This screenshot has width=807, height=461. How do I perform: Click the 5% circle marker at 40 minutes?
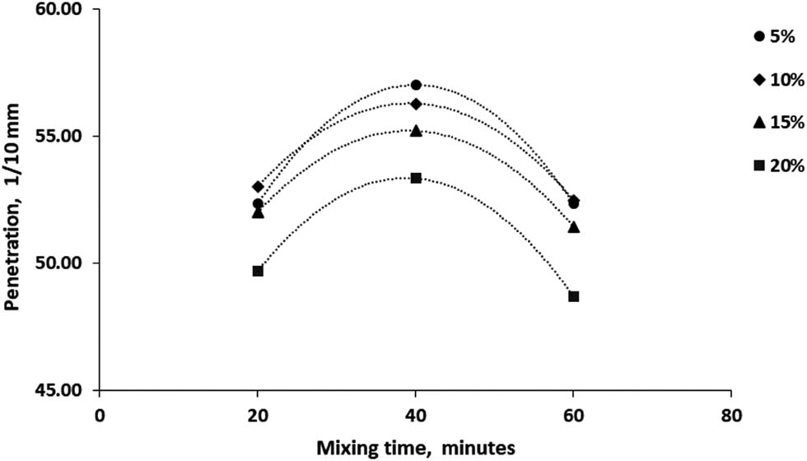pyautogui.click(x=416, y=85)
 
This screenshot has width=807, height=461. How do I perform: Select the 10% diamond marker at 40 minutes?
pyautogui.click(x=416, y=104)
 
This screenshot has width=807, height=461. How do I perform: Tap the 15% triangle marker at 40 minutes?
pyautogui.click(x=416, y=130)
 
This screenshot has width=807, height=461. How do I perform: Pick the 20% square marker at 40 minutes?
pyautogui.click(x=416, y=178)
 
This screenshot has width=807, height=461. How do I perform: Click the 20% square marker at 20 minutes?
pyautogui.click(x=258, y=271)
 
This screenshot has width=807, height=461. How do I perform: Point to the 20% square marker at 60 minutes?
pyautogui.click(x=574, y=296)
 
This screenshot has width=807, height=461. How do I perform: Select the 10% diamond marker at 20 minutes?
pyautogui.click(x=258, y=187)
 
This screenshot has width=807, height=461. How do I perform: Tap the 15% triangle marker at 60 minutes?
pyautogui.click(x=574, y=226)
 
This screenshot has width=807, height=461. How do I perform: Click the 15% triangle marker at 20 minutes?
pyautogui.click(x=258, y=212)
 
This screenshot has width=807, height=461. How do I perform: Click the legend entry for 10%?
pyautogui.click(x=777, y=79)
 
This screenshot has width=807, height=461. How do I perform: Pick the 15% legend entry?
pyautogui.click(x=777, y=122)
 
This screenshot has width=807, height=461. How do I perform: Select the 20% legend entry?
pyautogui.click(x=777, y=165)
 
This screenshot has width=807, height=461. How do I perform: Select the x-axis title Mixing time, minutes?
pyautogui.click(x=416, y=446)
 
